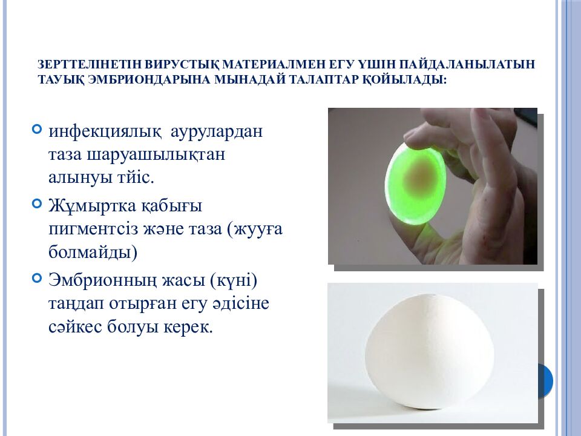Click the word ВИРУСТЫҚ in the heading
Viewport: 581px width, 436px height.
click(180, 64)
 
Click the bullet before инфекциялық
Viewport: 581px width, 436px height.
click(37, 129)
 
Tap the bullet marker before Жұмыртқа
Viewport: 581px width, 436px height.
click(37, 203)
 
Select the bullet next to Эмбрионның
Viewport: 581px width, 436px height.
click(37, 278)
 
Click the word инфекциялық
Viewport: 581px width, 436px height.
click(105, 131)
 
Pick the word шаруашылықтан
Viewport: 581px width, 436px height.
click(156, 154)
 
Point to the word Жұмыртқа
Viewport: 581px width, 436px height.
click(92, 206)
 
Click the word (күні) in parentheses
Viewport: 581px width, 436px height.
click(234, 280)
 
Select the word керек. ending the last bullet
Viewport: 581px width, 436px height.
click(188, 327)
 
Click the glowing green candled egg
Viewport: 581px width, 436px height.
click(415, 183)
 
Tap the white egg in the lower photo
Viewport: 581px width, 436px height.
click(430, 352)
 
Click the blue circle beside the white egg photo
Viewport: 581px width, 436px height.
click(545, 380)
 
